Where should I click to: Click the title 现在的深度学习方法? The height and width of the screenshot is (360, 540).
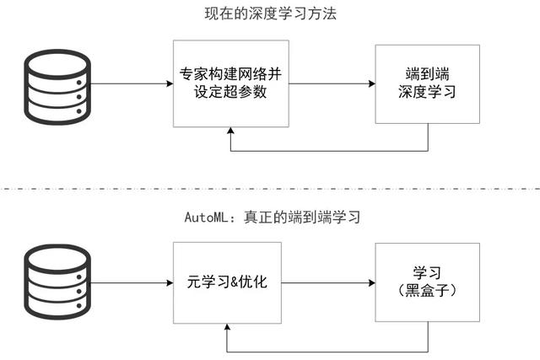point(269,13)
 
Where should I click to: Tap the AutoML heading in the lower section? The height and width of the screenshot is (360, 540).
point(272,217)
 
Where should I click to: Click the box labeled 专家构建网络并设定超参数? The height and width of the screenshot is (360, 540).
point(230,83)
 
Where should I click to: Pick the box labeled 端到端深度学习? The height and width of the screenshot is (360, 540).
point(427,83)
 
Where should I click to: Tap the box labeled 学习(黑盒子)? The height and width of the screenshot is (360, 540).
point(427,282)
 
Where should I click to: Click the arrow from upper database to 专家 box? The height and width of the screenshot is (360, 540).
point(127,83)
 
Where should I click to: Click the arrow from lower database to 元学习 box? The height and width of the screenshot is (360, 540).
point(127,282)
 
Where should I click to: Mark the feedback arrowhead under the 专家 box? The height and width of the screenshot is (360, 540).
point(230,133)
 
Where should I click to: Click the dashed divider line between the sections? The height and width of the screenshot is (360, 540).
point(270,187)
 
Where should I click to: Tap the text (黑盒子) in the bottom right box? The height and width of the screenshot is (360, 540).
point(427,292)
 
